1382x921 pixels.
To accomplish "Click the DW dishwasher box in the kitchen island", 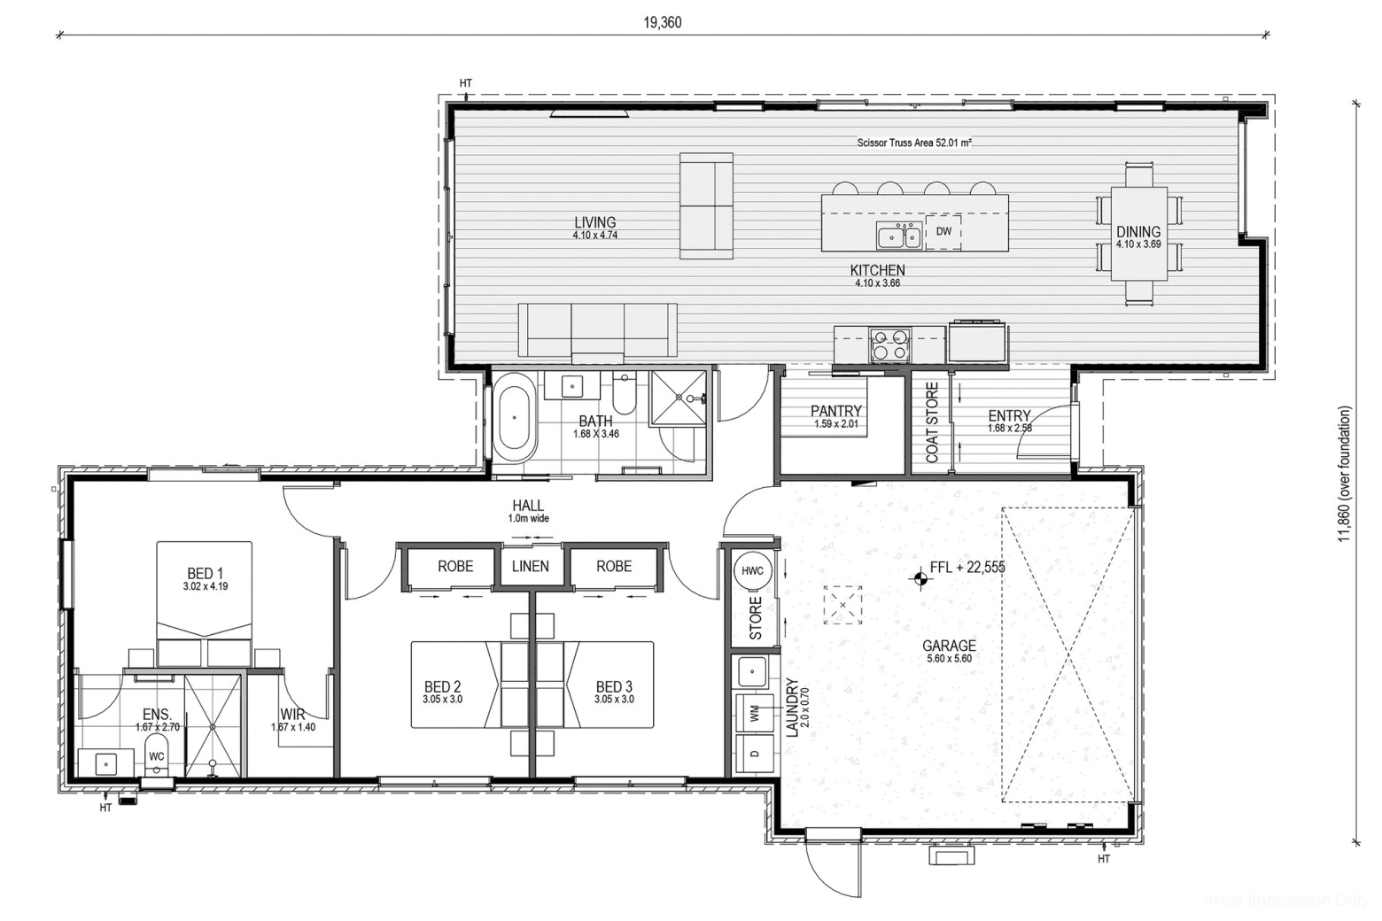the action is tap(943, 232).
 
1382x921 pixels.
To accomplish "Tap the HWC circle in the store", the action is tap(752, 570).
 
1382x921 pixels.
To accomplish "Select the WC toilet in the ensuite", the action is tap(157, 755).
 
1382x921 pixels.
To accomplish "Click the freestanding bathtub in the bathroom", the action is tap(515, 418).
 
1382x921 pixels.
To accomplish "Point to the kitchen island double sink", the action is tap(899, 236).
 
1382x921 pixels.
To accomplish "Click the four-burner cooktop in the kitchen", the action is tap(889, 344).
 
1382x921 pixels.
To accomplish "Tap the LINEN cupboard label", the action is tap(531, 566).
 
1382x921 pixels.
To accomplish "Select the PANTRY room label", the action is tap(836, 411).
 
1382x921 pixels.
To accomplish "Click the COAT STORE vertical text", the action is tap(932, 422).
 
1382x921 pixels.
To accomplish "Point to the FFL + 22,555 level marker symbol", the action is tap(920, 578).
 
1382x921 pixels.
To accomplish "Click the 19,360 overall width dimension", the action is tap(663, 23).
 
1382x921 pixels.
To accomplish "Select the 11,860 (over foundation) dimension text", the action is tap(1345, 474).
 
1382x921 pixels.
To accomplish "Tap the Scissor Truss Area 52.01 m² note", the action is tap(914, 143).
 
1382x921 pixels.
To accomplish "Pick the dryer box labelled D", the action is tap(755, 754).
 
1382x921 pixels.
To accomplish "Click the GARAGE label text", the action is tap(949, 646).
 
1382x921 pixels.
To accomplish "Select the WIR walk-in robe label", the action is tap(292, 715).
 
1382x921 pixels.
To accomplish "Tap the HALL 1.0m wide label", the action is tap(528, 511).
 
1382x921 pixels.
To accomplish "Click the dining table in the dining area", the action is tap(1139, 234).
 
